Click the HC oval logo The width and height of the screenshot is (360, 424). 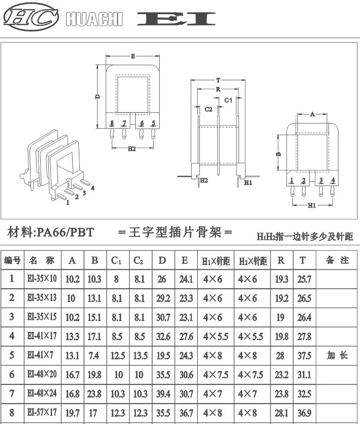[31, 17]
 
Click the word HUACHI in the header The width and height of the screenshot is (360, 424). [94, 19]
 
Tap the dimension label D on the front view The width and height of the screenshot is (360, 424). [99, 96]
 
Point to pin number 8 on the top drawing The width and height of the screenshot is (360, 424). [112, 124]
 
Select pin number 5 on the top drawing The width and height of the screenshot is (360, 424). [154, 123]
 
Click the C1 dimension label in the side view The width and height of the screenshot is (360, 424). [228, 100]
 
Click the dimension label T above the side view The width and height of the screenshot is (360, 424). [218, 80]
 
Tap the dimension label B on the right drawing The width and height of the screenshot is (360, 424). [279, 154]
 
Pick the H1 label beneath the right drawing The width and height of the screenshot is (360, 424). [312, 205]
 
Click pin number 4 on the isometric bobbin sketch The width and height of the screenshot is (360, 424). [93, 188]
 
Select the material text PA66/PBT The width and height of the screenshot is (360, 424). [65, 232]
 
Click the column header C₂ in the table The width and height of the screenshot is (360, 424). [138, 260]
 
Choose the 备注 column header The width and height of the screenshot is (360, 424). [337, 260]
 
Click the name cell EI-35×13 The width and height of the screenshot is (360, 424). [42, 297]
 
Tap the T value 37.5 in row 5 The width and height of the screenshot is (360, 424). [304, 355]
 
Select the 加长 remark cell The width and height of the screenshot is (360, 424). [337, 355]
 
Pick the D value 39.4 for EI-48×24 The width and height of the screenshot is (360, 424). [163, 393]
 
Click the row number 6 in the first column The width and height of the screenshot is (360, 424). [12, 374]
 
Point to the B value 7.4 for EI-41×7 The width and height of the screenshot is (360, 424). [94, 355]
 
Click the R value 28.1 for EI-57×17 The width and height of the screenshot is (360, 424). [281, 413]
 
